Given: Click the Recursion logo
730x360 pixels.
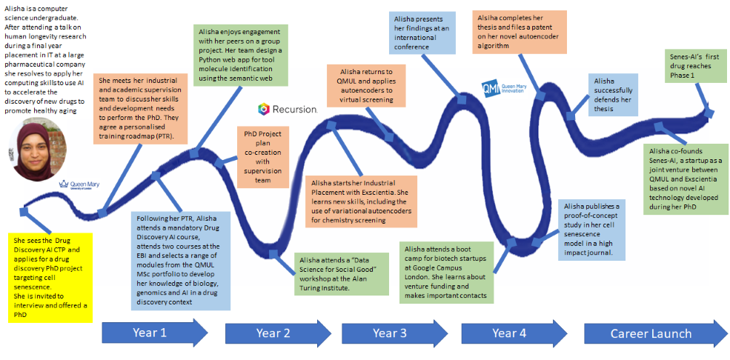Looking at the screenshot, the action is [288, 110].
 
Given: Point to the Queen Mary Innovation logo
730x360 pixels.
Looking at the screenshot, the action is [505, 86].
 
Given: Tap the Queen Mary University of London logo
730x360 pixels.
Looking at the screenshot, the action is [79, 184].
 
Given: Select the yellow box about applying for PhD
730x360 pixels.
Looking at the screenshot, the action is [51, 278].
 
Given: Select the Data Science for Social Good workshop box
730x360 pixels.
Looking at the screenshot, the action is [342, 273].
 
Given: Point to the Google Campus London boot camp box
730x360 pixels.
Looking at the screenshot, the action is [446, 272].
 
